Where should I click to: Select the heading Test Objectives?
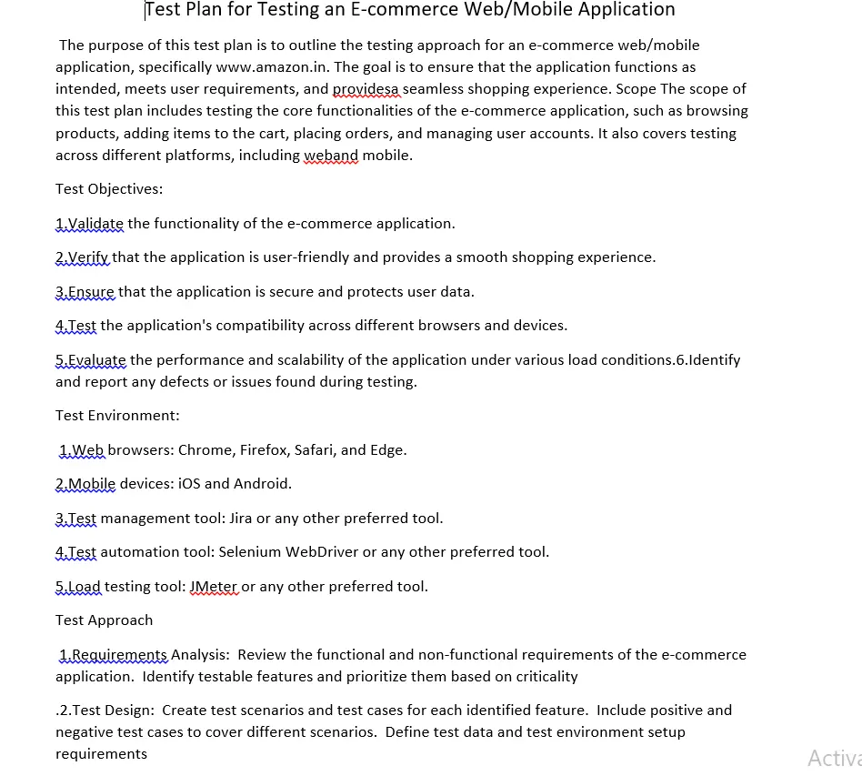(x=109, y=189)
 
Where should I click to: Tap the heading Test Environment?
(x=117, y=416)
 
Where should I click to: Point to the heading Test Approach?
(x=104, y=620)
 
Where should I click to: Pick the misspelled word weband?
(x=331, y=155)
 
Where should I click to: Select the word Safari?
(x=316, y=450)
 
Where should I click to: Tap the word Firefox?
(x=264, y=450)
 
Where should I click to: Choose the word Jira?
(x=241, y=519)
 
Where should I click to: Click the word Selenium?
(x=249, y=552)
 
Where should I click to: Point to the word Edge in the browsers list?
(x=388, y=450)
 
